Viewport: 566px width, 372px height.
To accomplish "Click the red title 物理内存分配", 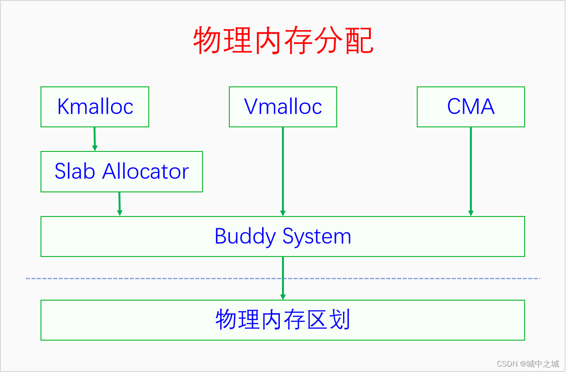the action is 283,40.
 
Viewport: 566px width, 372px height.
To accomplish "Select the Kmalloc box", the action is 95,107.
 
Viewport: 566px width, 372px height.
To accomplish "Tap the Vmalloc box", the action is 283,107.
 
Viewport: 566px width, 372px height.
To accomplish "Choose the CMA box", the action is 471,107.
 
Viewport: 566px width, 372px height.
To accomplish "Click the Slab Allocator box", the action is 121,172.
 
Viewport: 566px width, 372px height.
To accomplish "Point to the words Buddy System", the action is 283,236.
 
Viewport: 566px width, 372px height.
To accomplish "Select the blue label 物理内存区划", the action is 283,320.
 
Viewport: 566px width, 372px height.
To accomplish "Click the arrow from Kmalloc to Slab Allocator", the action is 95,139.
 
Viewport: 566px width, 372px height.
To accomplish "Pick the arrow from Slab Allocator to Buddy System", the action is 120,204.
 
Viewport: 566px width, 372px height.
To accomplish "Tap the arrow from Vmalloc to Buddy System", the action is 283,171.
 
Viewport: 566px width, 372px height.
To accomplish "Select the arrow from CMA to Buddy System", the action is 471,171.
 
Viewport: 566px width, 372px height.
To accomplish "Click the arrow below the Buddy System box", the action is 283,278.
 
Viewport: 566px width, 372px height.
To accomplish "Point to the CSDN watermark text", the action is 528,364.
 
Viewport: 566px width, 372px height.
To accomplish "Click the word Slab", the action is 75,171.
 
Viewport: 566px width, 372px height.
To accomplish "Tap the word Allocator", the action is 146,171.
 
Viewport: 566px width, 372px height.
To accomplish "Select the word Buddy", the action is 245,236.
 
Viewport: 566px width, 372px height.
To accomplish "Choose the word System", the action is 317,236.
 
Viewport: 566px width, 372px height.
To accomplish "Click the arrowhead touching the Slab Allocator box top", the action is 95,148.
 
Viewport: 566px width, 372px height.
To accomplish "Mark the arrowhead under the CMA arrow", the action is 471,213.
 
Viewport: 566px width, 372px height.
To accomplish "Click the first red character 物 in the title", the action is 208,40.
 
